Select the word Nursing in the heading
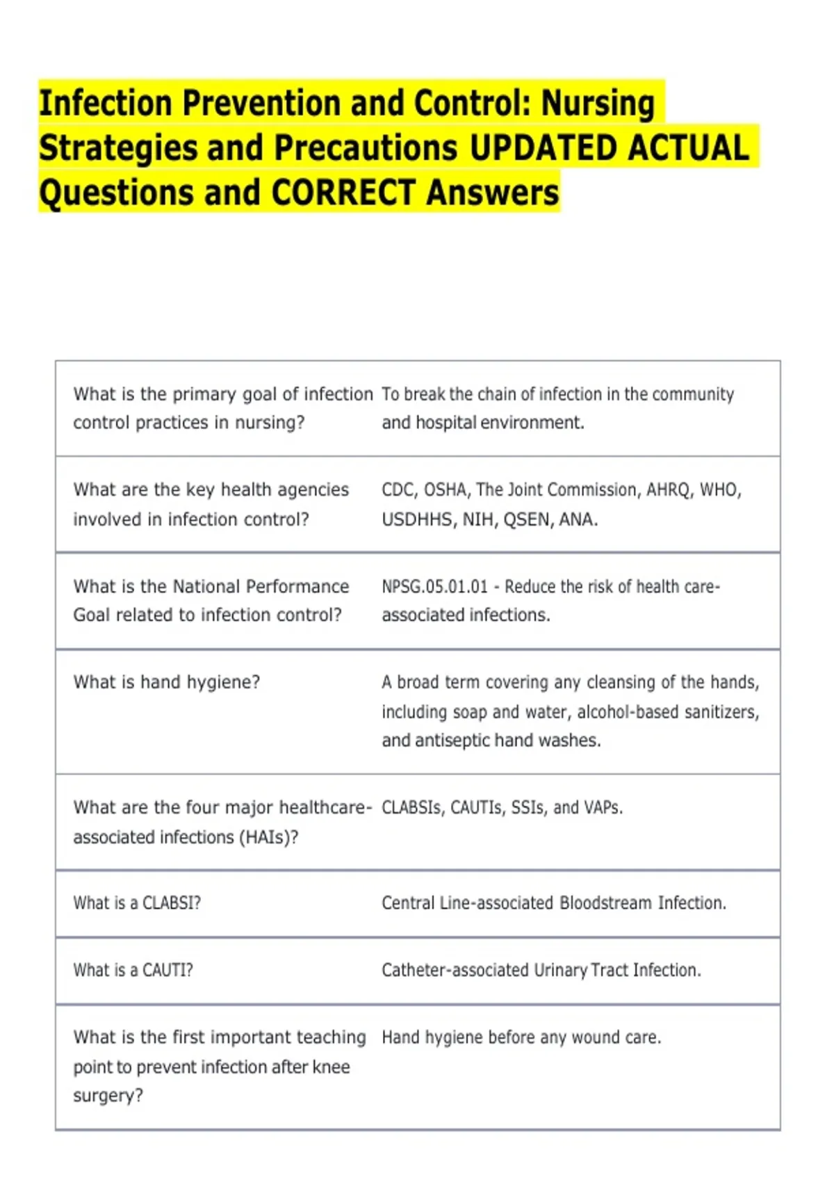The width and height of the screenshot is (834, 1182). (598, 104)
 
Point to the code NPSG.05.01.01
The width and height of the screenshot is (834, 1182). (434, 587)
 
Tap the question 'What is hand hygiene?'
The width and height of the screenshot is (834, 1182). (167, 682)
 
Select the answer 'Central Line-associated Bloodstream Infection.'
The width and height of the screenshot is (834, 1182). (553, 903)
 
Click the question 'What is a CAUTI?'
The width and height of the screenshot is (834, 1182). (133, 970)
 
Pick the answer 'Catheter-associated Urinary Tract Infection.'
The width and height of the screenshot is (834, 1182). (541, 970)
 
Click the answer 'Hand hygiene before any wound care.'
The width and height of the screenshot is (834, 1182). (521, 1037)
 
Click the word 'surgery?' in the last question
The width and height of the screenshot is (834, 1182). (108, 1096)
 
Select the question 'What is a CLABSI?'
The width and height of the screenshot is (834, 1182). (137, 903)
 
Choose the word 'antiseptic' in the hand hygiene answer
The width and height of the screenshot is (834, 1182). (449, 740)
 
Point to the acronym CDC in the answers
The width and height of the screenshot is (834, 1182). (398, 490)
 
